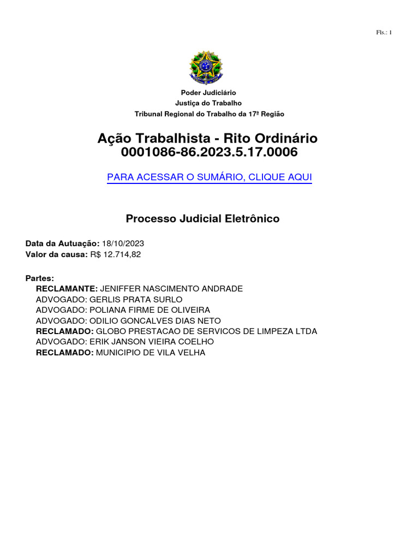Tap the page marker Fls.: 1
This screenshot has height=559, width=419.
tap(384, 33)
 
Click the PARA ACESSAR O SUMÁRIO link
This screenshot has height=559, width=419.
tap(209, 177)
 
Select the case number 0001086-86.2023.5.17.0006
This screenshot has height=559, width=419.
tap(209, 152)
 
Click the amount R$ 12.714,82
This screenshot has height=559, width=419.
tap(115, 254)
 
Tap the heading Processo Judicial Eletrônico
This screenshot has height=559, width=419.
tap(202, 219)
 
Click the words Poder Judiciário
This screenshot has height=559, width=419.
tap(209, 93)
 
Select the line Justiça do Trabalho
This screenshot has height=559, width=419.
tap(208, 103)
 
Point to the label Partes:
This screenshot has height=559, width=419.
tap(40, 278)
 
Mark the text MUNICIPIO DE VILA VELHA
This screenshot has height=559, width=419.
tap(151, 353)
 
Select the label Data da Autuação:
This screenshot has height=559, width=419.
tap(63, 243)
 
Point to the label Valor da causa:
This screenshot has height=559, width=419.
tap(57, 254)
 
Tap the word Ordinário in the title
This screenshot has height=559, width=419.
tap(283, 138)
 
